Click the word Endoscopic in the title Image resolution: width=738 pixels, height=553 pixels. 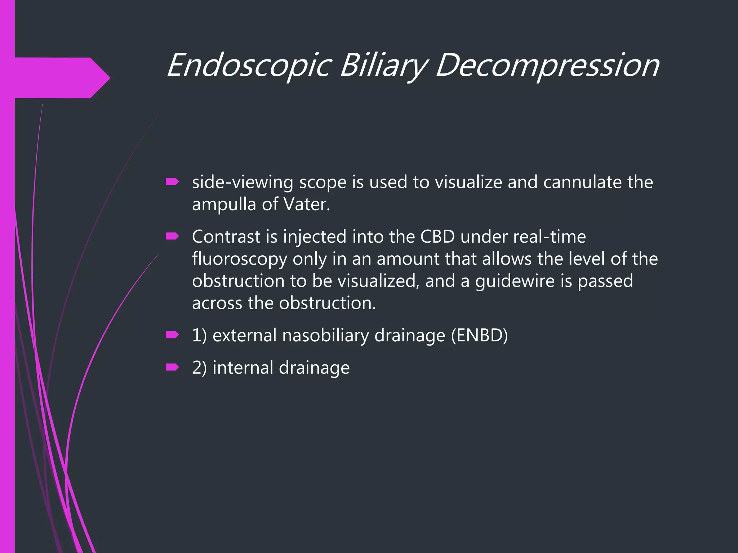coord(249,65)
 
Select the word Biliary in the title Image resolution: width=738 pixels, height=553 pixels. coord(383,65)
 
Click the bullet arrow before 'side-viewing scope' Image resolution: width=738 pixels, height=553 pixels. coord(172,182)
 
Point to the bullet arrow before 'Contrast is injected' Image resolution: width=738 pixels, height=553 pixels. coord(172,236)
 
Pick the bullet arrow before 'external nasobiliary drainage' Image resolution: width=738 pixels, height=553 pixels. coord(172,335)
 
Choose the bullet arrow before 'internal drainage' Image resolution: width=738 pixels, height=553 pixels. coord(172,367)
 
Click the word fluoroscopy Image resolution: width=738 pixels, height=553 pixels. coord(240,259)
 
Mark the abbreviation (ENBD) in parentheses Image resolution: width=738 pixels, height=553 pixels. coord(479,336)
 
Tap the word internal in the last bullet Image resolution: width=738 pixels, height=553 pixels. coord(243,368)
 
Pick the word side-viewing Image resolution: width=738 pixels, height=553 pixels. coord(243,182)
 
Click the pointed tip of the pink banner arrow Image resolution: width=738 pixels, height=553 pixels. coord(109,77)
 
